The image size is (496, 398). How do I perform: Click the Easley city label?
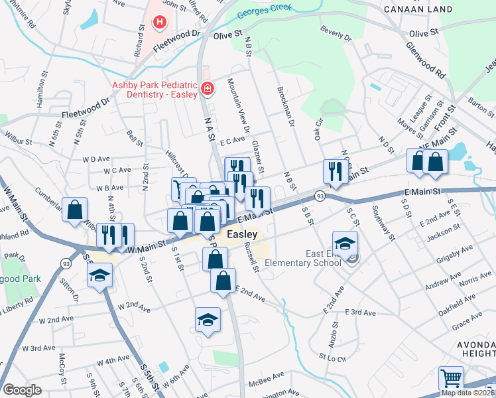(242, 235)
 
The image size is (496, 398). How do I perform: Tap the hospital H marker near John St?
(159, 22)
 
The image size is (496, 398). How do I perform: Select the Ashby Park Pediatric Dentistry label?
(155, 90)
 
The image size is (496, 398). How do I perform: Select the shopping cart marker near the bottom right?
(451, 378)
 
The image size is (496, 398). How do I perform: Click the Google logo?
(22, 391)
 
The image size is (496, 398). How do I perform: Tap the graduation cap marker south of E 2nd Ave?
(208, 320)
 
